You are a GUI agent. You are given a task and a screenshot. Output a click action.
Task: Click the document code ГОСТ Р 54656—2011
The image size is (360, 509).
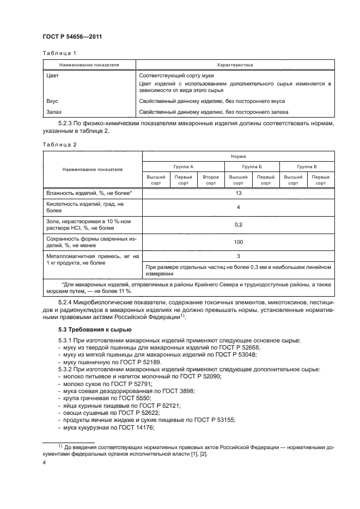point(72,36)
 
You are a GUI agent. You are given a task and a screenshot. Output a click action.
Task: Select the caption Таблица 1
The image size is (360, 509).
point(56,53)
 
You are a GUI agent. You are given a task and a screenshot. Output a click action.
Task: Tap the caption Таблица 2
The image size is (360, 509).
point(56,144)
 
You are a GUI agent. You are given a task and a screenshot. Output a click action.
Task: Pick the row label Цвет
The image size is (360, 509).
point(53,76)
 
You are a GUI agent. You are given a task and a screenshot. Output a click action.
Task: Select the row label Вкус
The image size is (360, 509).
point(53,101)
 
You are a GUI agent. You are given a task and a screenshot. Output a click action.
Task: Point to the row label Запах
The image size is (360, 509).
point(54,112)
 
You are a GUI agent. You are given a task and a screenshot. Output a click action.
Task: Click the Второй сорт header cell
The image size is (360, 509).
point(210,180)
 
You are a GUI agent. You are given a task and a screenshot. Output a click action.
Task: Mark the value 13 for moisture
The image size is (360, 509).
point(238,193)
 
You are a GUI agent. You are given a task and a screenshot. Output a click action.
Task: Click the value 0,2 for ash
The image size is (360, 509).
point(238,224)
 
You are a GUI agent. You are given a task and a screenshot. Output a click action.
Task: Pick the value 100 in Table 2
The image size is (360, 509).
point(238,241)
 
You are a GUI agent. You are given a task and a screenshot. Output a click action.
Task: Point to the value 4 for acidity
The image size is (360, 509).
point(238,207)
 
